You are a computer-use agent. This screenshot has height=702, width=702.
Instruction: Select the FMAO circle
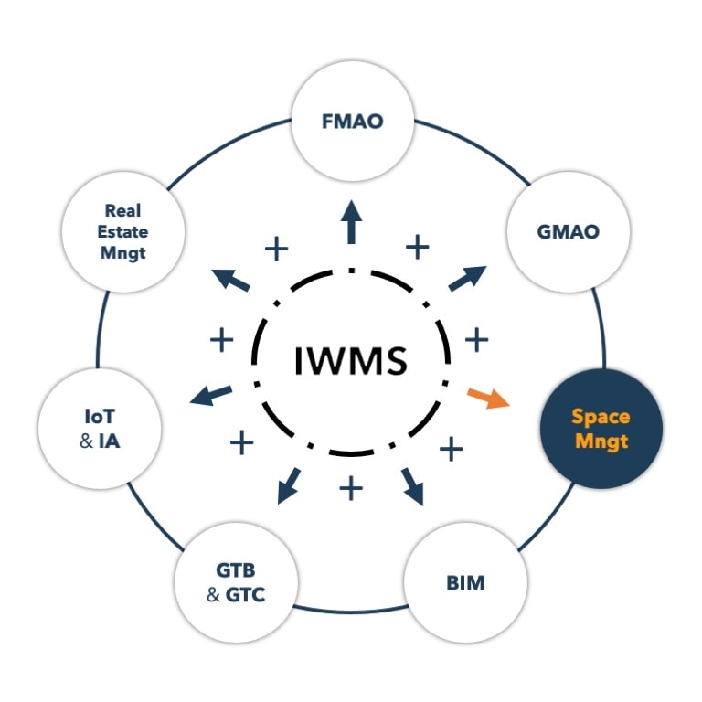352,121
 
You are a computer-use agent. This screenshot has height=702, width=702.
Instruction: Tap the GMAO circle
568,231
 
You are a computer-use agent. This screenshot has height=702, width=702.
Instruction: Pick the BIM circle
466,582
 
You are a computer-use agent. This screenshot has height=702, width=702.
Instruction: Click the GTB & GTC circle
236,582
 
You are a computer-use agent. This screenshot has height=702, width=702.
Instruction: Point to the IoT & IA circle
101,429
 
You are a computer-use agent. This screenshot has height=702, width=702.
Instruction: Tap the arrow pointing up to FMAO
351,220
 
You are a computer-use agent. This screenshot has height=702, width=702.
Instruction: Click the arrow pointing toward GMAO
468,277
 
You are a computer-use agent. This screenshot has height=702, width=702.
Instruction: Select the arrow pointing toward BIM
411,487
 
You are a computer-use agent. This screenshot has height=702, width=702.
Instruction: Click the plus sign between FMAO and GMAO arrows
417,246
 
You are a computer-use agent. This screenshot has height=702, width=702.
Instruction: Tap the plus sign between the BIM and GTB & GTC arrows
351,488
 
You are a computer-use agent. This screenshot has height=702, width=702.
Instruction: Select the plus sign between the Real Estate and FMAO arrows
276,247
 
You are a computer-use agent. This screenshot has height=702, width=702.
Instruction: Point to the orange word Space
601,417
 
